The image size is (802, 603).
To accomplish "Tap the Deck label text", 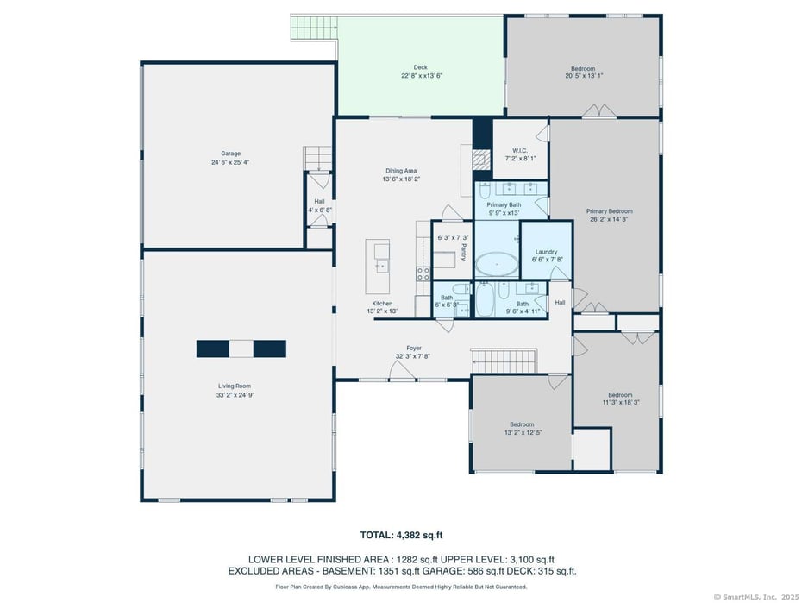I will [420, 67].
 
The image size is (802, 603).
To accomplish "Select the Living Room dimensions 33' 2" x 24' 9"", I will [235, 395].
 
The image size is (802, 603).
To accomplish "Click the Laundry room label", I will [547, 251].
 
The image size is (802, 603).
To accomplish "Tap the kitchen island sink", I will [381, 252].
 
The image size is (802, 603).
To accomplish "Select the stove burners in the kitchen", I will [423, 273].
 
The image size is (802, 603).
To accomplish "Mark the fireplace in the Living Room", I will [241, 349].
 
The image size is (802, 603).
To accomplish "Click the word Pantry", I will [463, 252].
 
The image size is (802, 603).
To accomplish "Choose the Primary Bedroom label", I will [609, 211].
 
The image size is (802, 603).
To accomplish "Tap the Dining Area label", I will [400, 171].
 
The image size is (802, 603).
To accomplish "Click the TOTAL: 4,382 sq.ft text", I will [401, 535].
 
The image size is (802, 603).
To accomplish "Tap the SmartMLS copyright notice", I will [755, 596].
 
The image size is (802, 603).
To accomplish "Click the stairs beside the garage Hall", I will [317, 158].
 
